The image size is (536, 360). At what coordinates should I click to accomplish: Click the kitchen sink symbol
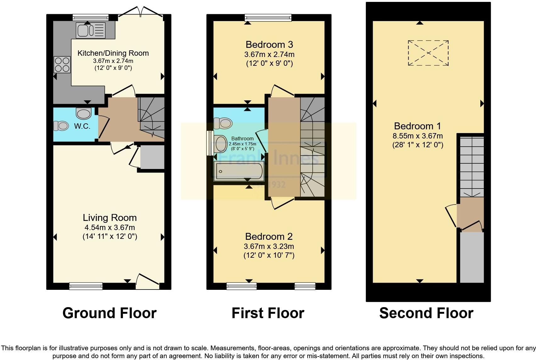[90, 31]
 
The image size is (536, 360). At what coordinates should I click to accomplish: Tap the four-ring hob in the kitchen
[62, 64]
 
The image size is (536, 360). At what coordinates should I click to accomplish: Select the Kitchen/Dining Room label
[113, 53]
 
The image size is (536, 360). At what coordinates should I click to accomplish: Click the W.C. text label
[82, 127]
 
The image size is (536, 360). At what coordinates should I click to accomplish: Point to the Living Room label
[109, 217]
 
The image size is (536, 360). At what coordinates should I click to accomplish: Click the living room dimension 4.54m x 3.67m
[109, 228]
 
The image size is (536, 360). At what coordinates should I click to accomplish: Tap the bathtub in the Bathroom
[238, 172]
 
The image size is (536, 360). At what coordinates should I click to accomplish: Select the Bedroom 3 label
[269, 44]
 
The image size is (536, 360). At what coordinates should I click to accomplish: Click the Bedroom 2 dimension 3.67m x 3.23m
[269, 246]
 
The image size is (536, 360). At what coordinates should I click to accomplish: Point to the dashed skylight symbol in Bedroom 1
[428, 53]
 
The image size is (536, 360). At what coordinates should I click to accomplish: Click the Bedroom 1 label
[418, 126]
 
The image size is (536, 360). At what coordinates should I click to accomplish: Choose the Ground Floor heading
[109, 313]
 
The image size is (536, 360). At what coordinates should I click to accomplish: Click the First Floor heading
[268, 313]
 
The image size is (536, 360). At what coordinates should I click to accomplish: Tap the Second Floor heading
[426, 313]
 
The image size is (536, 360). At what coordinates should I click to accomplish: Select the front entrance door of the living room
[148, 282]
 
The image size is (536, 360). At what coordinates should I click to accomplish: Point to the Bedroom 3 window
[268, 17]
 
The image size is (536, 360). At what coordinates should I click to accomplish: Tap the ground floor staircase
[152, 118]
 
